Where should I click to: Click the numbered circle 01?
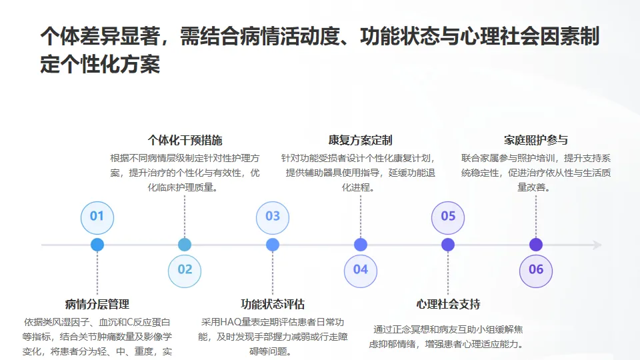pyautogui.click(x=97, y=217)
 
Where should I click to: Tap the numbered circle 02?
pyautogui.click(x=185, y=271)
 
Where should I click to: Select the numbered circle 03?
pyautogui.click(x=273, y=217)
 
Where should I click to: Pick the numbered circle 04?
pyautogui.click(x=361, y=271)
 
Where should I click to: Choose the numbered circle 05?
pyautogui.click(x=448, y=217)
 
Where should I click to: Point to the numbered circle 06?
pyautogui.click(x=536, y=271)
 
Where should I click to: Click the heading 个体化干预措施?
pyautogui.click(x=185, y=141)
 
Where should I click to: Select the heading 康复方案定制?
pyautogui.click(x=361, y=141)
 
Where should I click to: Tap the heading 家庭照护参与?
pyautogui.click(x=536, y=141)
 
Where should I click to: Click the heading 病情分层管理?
pyautogui.click(x=97, y=304)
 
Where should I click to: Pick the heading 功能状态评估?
pyautogui.click(x=273, y=304)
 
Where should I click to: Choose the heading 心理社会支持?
pyautogui.click(x=448, y=304)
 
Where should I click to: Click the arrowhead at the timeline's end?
pyautogui.click(x=597, y=245)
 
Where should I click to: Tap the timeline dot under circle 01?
pyautogui.click(x=97, y=245)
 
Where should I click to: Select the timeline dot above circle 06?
pyautogui.click(x=536, y=245)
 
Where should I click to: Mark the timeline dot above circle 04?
pyautogui.click(x=361, y=245)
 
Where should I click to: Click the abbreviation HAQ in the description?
pyautogui.click(x=231, y=323)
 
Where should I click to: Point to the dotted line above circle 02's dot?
pyautogui.click(x=185, y=216)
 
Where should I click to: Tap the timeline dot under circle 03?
pyautogui.click(x=273, y=245)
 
